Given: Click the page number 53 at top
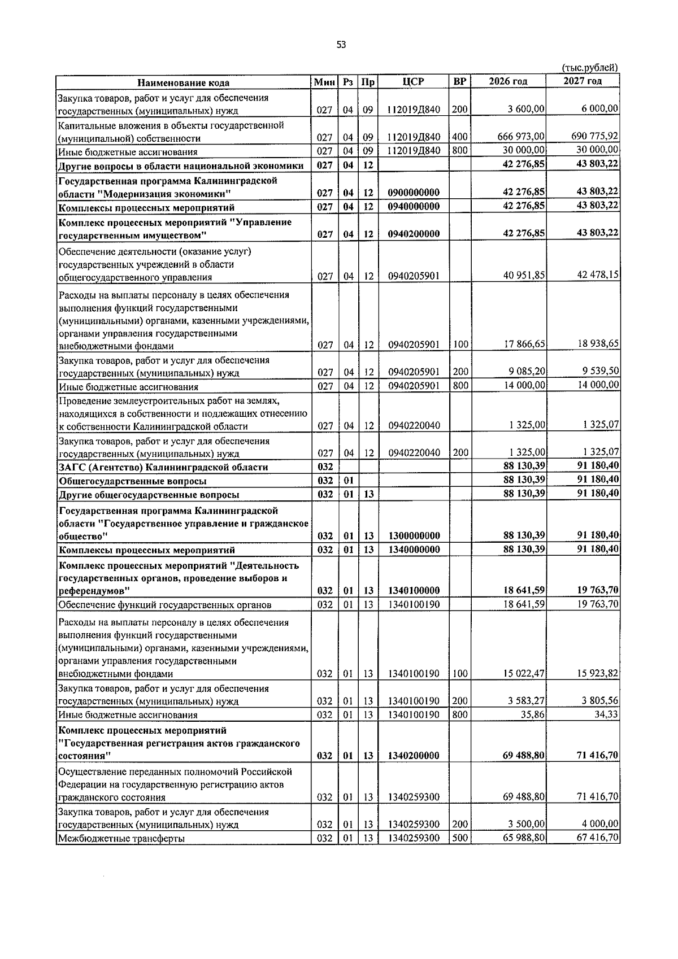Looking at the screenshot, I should [x=341, y=45].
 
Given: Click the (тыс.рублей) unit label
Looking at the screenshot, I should [x=590, y=68].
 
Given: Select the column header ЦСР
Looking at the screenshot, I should [x=413, y=81].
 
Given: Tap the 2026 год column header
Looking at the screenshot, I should [x=508, y=81].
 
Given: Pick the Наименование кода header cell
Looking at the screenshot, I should [x=184, y=82].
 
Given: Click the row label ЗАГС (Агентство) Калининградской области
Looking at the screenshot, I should [x=163, y=467].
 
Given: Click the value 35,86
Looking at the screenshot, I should [x=534, y=714].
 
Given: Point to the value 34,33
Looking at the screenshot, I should [x=607, y=714].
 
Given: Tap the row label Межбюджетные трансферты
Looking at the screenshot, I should [x=121, y=839].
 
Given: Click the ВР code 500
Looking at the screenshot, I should [x=460, y=838].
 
